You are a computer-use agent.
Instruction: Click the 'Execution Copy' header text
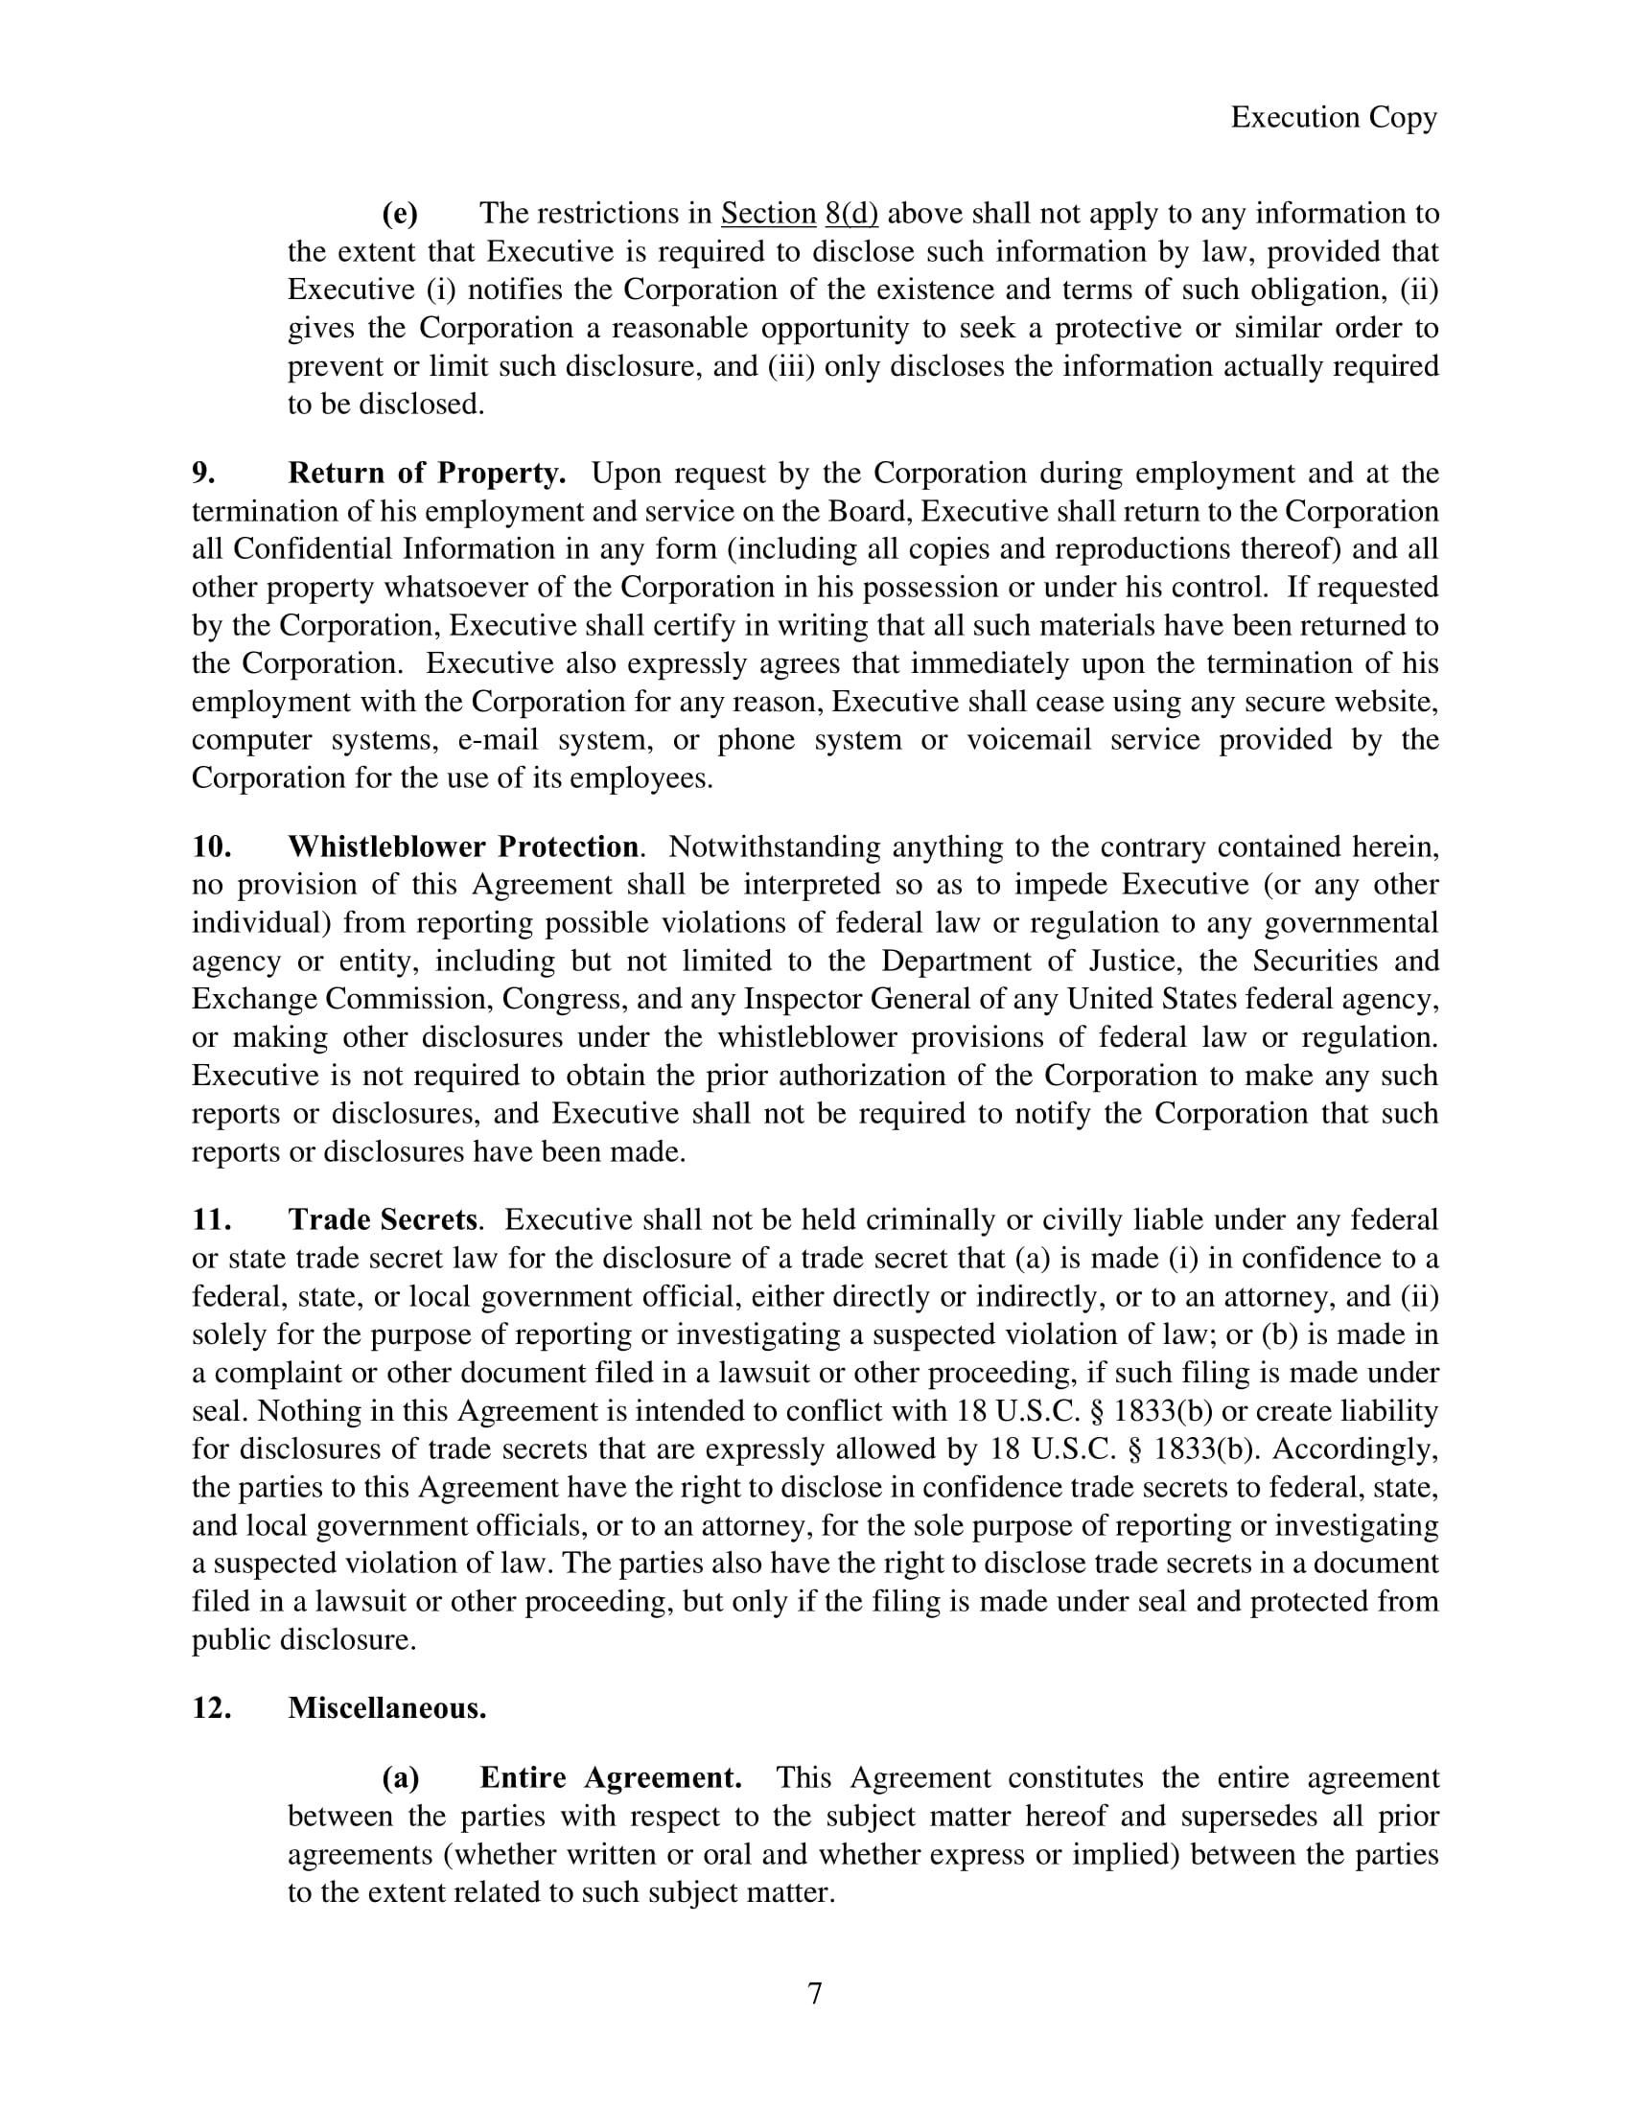(x=1334, y=118)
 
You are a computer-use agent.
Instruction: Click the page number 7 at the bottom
(x=814, y=1993)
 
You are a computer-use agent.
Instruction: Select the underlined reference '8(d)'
(x=851, y=214)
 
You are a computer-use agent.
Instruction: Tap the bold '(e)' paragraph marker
(x=400, y=214)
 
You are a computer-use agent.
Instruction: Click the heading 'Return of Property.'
(x=427, y=474)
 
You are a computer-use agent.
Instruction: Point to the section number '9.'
(x=203, y=474)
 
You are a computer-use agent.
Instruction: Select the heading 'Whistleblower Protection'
(x=463, y=846)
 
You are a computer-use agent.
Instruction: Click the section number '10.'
(x=212, y=846)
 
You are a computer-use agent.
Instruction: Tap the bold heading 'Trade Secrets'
(x=383, y=1220)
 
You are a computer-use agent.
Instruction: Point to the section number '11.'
(x=212, y=1220)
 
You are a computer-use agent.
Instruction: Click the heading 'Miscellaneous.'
(x=387, y=1708)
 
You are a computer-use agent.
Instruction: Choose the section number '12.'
(x=212, y=1708)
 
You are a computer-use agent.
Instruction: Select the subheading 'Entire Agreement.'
(x=610, y=1777)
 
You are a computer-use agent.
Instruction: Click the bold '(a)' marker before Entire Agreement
(x=401, y=1777)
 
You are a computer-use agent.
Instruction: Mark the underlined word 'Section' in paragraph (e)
(x=769, y=214)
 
